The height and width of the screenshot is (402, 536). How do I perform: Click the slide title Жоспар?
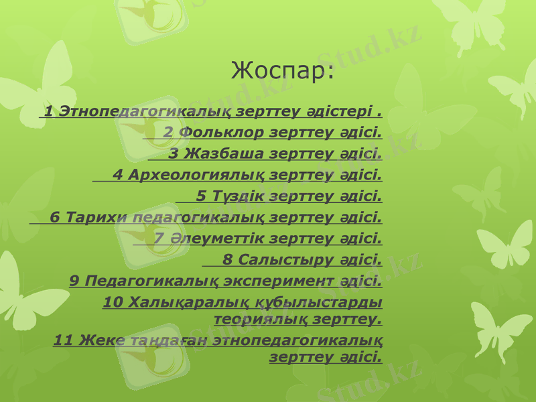[x=282, y=70]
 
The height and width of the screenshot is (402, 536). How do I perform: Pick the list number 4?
[x=118, y=175]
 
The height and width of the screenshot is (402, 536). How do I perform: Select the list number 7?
[x=158, y=239]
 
